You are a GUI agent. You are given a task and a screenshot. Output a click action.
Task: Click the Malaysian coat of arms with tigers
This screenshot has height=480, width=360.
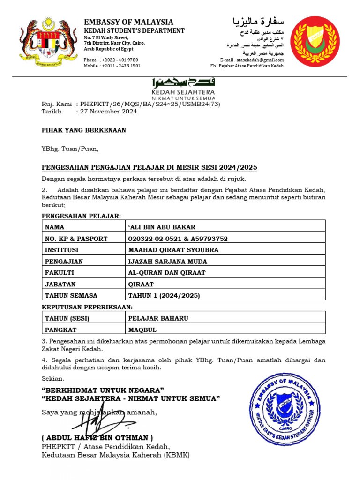click(48, 43)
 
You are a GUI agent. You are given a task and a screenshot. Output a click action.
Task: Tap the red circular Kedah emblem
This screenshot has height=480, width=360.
click(314, 42)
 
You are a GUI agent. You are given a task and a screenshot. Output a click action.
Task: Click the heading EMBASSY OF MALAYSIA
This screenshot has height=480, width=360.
click(128, 22)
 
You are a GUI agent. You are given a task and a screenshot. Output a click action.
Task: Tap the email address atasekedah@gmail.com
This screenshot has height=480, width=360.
click(260, 60)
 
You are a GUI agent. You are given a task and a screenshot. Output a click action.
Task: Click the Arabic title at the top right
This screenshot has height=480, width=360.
click(258, 22)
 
